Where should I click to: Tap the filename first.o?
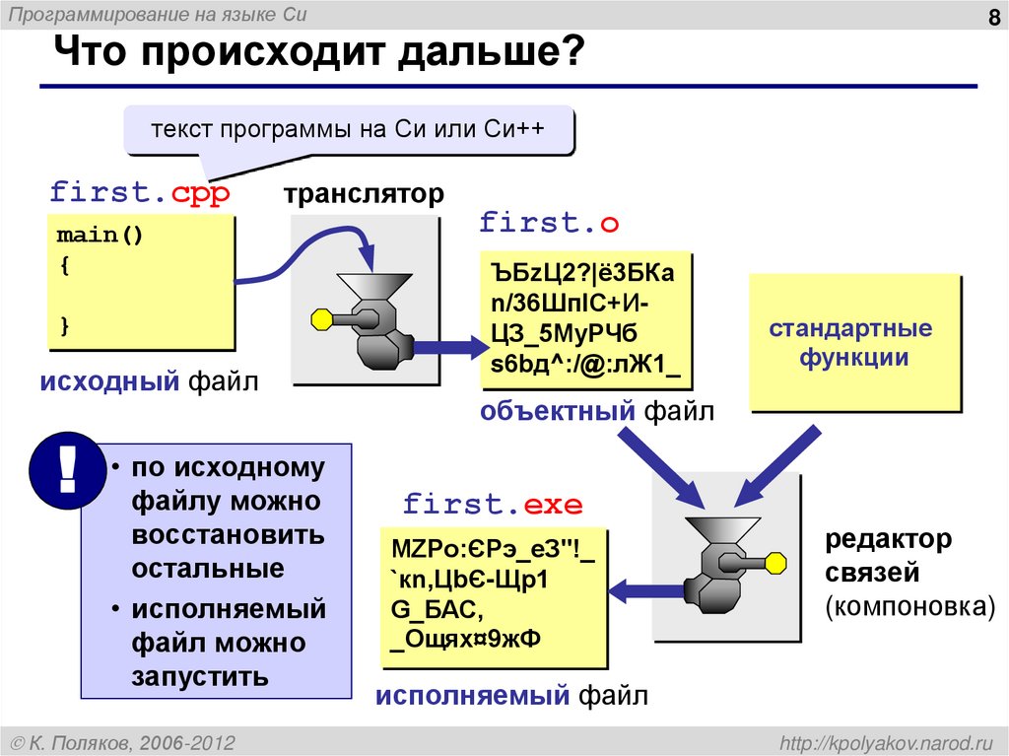click(x=549, y=223)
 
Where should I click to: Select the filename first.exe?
click(x=493, y=506)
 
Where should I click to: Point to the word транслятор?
click(x=365, y=193)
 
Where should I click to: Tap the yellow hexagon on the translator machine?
click(x=321, y=318)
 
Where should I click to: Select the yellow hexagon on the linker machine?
click(x=775, y=562)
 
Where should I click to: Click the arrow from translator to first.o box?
click(x=442, y=347)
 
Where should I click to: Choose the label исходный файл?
click(x=149, y=380)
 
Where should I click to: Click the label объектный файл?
click(x=597, y=411)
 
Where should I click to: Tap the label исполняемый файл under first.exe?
click(x=510, y=698)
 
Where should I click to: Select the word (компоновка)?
click(x=910, y=604)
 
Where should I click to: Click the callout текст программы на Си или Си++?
click(x=348, y=131)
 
